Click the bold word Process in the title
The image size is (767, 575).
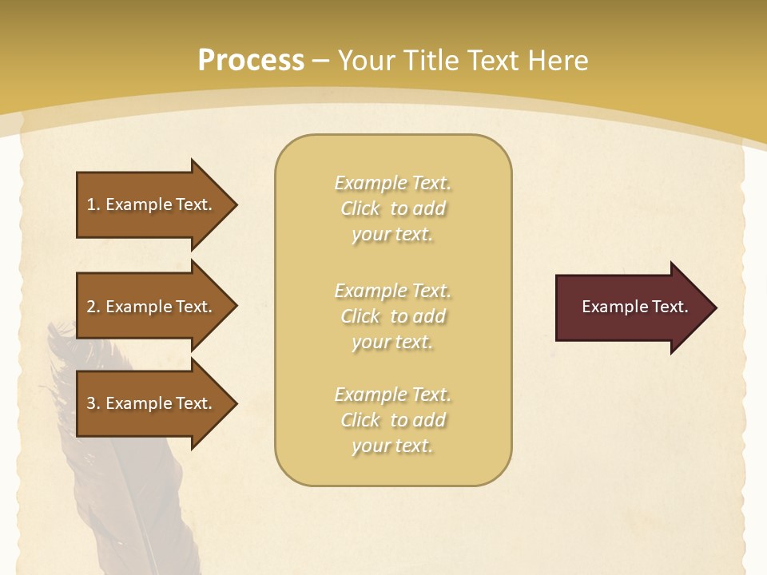pos(251,61)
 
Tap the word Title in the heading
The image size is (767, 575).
pos(431,61)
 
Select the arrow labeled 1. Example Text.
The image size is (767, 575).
pos(152,204)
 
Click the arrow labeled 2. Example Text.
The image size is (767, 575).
pos(152,307)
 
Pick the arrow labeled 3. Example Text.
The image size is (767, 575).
pos(152,403)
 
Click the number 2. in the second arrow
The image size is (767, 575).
pos(93,307)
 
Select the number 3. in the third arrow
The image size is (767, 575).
pos(93,403)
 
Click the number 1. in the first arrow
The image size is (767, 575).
pos(93,204)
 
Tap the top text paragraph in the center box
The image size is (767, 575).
pos(392,208)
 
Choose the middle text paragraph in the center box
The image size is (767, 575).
pos(392,316)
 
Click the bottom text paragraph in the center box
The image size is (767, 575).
pos(392,420)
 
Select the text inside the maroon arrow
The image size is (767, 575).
pos(634,307)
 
